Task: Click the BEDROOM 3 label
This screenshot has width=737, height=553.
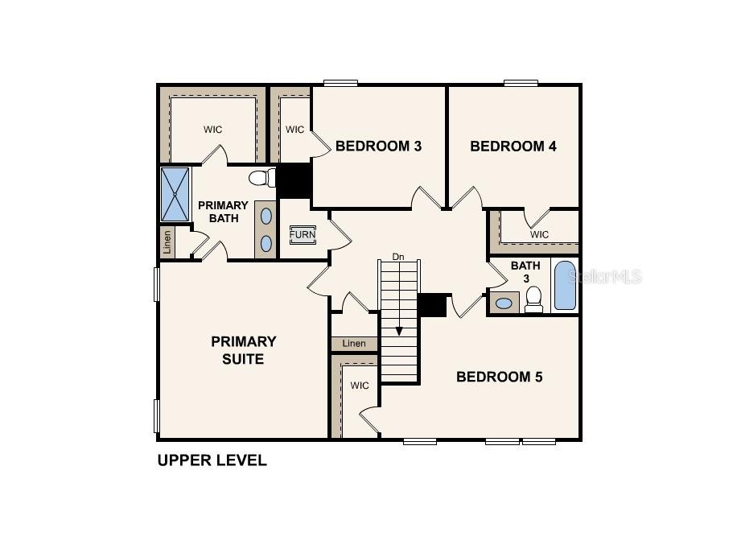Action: pos(378,147)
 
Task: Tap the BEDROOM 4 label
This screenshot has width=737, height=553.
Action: pos(513,147)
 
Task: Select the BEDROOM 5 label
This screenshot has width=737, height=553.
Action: pos(499,377)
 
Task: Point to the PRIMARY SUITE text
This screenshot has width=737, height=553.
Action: pos(243,350)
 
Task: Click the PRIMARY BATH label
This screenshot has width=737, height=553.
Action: pos(223,212)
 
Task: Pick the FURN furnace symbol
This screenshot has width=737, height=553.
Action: pos(303,235)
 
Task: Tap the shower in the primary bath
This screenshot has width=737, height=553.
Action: pos(175,194)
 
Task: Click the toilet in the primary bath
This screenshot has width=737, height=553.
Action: pos(260,177)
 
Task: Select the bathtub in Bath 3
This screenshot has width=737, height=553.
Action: pos(565,286)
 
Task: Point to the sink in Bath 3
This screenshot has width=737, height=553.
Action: pos(504,303)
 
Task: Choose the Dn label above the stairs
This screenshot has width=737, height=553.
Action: pos(397,257)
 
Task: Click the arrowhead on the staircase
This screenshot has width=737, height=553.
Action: pos(399,330)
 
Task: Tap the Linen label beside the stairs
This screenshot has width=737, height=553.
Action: pos(354,344)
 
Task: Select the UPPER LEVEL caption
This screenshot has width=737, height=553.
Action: pos(212,461)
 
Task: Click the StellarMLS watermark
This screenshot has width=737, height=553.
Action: pos(605,277)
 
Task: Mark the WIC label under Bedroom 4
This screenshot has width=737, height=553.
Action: pos(539,234)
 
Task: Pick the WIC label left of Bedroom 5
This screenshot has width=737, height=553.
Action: pos(360,386)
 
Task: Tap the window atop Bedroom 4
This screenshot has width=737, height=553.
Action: pos(521,82)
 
